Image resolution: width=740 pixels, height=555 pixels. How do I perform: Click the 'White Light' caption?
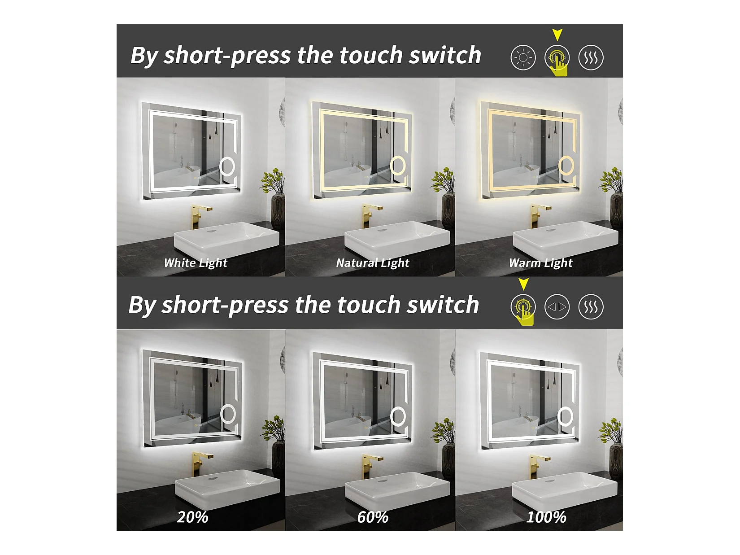click(196, 263)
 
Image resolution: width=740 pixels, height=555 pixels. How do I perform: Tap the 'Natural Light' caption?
click(373, 263)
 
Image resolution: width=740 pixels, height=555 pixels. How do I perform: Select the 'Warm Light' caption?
click(540, 263)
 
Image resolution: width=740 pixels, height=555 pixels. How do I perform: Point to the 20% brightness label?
click(192, 517)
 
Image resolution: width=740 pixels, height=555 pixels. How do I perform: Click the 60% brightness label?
click(373, 517)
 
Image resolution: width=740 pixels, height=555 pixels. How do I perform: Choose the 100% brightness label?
click(547, 517)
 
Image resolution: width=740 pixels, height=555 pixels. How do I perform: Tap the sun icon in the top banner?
click(523, 58)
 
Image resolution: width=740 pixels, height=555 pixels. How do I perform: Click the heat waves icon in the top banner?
click(591, 58)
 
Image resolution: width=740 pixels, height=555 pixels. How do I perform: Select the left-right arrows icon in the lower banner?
click(557, 307)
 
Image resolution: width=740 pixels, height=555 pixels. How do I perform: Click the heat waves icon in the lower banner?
click(591, 307)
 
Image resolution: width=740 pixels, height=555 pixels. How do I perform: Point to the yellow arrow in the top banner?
click(557, 35)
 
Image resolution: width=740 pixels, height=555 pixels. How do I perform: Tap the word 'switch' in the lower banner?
click(443, 305)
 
